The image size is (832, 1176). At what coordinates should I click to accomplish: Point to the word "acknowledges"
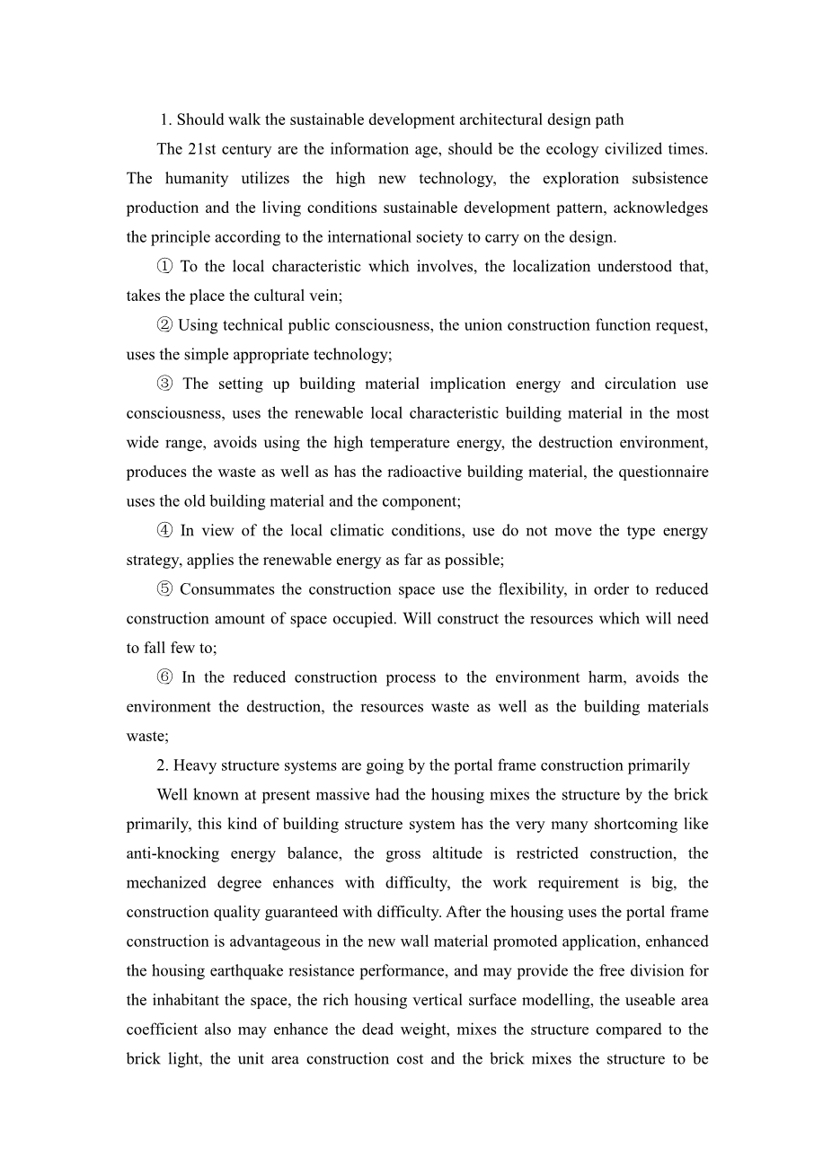point(663,208)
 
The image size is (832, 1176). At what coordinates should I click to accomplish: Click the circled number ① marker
point(164,267)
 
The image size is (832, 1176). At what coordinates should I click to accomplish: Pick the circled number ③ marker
point(164,385)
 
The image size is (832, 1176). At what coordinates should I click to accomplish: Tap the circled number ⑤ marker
point(164,590)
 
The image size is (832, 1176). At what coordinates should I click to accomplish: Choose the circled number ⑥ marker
point(164,678)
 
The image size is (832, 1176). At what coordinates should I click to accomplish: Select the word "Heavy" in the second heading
point(194,766)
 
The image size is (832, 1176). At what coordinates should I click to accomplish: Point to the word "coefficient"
point(165,1030)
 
